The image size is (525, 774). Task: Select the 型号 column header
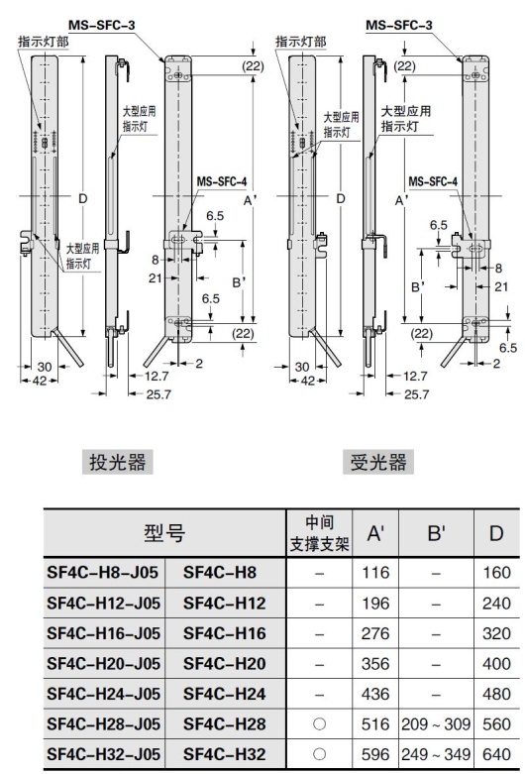pyautogui.click(x=163, y=536)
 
